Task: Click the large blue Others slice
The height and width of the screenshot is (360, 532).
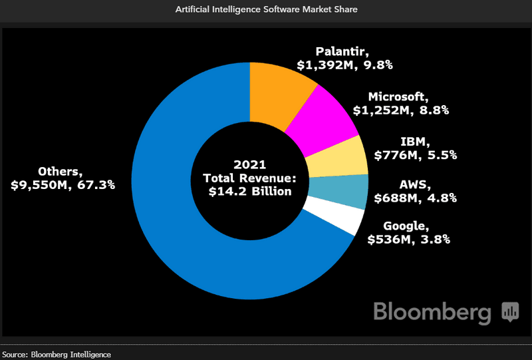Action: (x=180, y=220)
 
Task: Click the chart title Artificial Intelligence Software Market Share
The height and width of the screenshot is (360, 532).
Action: (x=266, y=11)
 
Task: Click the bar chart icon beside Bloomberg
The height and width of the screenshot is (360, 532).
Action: (x=510, y=311)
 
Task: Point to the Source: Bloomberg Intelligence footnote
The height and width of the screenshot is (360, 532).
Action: (x=56, y=354)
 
